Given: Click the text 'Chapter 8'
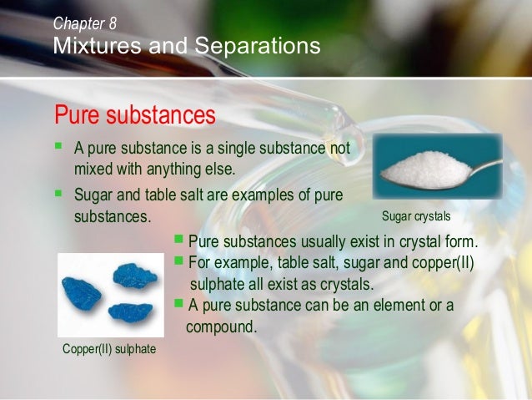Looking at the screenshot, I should (x=84, y=23).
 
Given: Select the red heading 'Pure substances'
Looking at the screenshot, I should (x=134, y=114).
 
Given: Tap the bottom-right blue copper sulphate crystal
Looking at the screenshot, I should (x=131, y=311).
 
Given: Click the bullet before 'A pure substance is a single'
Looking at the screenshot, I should (x=58, y=148).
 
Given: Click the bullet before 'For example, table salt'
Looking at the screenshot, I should (x=177, y=261).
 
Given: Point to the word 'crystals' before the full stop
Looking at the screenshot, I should (x=341, y=284).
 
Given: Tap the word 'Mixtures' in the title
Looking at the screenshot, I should (x=90, y=45).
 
